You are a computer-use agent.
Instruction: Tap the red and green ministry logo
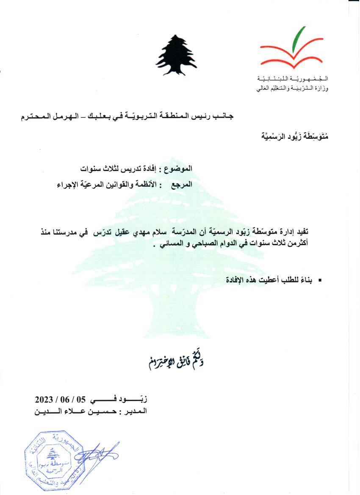point(288,51)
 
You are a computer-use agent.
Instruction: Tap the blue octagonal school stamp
point(52,459)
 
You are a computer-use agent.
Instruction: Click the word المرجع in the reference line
point(182,185)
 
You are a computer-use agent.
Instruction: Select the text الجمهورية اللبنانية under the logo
point(293,79)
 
